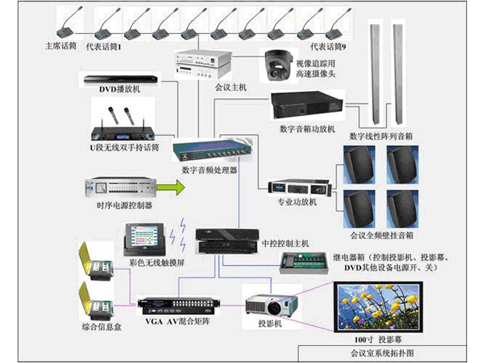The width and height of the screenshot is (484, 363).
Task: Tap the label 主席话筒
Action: (x=60, y=46)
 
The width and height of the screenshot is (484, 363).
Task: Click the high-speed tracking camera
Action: (x=277, y=65)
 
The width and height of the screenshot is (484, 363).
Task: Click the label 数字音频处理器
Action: (x=209, y=171)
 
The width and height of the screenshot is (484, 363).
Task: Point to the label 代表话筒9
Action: (x=328, y=47)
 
